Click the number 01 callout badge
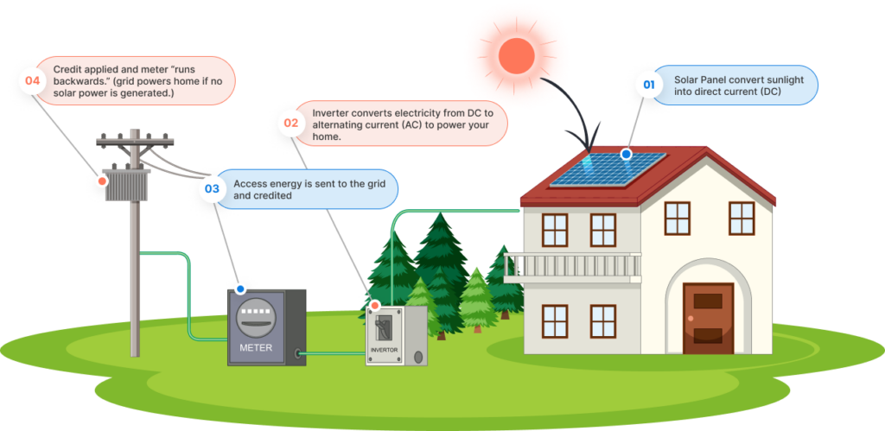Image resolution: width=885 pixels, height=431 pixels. click(x=646, y=85)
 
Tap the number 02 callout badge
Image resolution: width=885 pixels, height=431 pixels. click(x=290, y=124)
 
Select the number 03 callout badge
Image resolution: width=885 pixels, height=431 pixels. click(x=211, y=187)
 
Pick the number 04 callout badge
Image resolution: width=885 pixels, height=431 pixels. click(x=33, y=81)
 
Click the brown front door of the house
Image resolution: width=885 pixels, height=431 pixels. click(x=708, y=318)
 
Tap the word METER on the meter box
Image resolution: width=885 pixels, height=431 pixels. click(x=256, y=348)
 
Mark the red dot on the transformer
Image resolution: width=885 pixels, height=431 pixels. click(x=102, y=181)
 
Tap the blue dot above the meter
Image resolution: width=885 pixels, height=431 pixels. click(x=239, y=289)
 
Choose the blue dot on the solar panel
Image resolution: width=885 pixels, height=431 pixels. click(x=626, y=154)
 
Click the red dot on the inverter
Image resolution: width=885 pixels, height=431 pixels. click(x=374, y=305)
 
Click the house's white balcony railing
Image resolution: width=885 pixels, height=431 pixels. click(x=572, y=267)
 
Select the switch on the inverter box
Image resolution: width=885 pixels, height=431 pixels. click(x=384, y=327)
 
